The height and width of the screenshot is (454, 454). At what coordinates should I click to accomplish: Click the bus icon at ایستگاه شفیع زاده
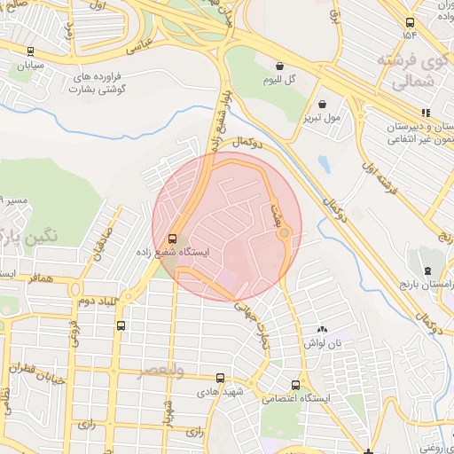171,238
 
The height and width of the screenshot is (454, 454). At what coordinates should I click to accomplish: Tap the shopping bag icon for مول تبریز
322,103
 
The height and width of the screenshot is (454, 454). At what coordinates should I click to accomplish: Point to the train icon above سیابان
31,51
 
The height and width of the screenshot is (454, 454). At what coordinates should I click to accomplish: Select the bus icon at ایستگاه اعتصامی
295,385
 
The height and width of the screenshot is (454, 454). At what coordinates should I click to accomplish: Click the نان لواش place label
324,342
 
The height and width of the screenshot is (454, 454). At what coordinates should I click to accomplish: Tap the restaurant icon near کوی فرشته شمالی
427,113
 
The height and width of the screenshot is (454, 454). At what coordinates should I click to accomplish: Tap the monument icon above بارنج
427,270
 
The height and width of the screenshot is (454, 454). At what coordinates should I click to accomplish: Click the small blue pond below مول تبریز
323,164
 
